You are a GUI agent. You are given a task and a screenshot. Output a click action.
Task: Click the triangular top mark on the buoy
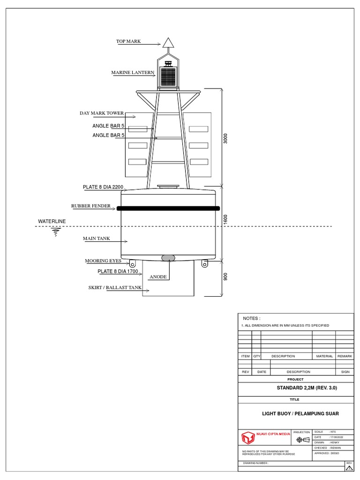click(168, 44)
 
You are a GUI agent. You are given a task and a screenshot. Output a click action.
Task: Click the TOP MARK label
click(128, 42)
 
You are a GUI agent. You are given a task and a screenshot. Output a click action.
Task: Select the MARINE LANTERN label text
click(133, 73)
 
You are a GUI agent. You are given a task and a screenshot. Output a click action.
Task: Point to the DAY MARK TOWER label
click(102, 113)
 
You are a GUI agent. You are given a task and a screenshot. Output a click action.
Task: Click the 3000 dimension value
click(225, 139)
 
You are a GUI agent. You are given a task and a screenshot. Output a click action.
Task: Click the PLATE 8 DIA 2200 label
click(103, 187)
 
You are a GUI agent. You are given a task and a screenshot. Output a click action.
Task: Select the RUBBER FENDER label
click(91, 206)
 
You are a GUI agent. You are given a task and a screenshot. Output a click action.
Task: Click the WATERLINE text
click(52, 221)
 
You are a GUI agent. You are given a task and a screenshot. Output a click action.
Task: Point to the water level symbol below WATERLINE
click(56, 232)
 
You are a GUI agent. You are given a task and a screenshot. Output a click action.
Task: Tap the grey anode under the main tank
click(168, 257)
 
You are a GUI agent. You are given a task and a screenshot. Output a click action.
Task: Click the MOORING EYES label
click(103, 261)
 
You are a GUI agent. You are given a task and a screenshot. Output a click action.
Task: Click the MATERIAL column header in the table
click(324, 356)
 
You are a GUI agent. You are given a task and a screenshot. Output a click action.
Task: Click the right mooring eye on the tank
click(204, 264)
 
